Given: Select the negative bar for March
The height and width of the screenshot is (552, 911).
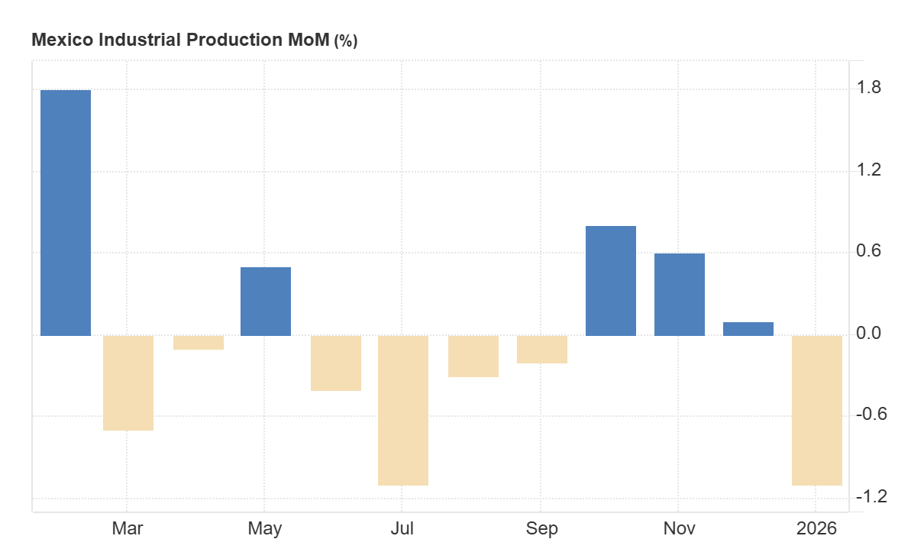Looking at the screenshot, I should click(128, 383).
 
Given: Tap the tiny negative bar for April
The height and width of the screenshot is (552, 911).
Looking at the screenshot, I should click(199, 343).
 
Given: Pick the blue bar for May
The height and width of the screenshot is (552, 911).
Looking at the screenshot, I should click(266, 301).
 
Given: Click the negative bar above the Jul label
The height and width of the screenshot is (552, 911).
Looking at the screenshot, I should click(403, 410).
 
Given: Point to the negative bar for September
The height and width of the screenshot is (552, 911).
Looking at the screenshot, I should click(542, 350).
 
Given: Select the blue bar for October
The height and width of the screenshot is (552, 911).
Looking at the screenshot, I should click(611, 280).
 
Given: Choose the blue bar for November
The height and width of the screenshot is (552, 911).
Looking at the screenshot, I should click(680, 294).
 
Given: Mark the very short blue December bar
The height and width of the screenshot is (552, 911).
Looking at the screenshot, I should click(748, 329).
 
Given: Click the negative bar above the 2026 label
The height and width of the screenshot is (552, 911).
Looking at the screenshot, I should click(817, 410).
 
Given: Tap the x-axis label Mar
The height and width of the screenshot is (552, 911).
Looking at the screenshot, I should click(127, 528).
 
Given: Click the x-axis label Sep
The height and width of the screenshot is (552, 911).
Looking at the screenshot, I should click(541, 528).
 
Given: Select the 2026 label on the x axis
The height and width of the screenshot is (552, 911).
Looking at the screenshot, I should click(816, 528).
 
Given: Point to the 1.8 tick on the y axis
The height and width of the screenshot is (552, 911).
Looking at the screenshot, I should click(871, 88).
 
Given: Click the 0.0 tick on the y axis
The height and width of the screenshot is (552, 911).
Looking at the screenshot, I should click(871, 334).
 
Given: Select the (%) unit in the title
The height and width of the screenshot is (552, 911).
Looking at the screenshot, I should click(345, 41).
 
